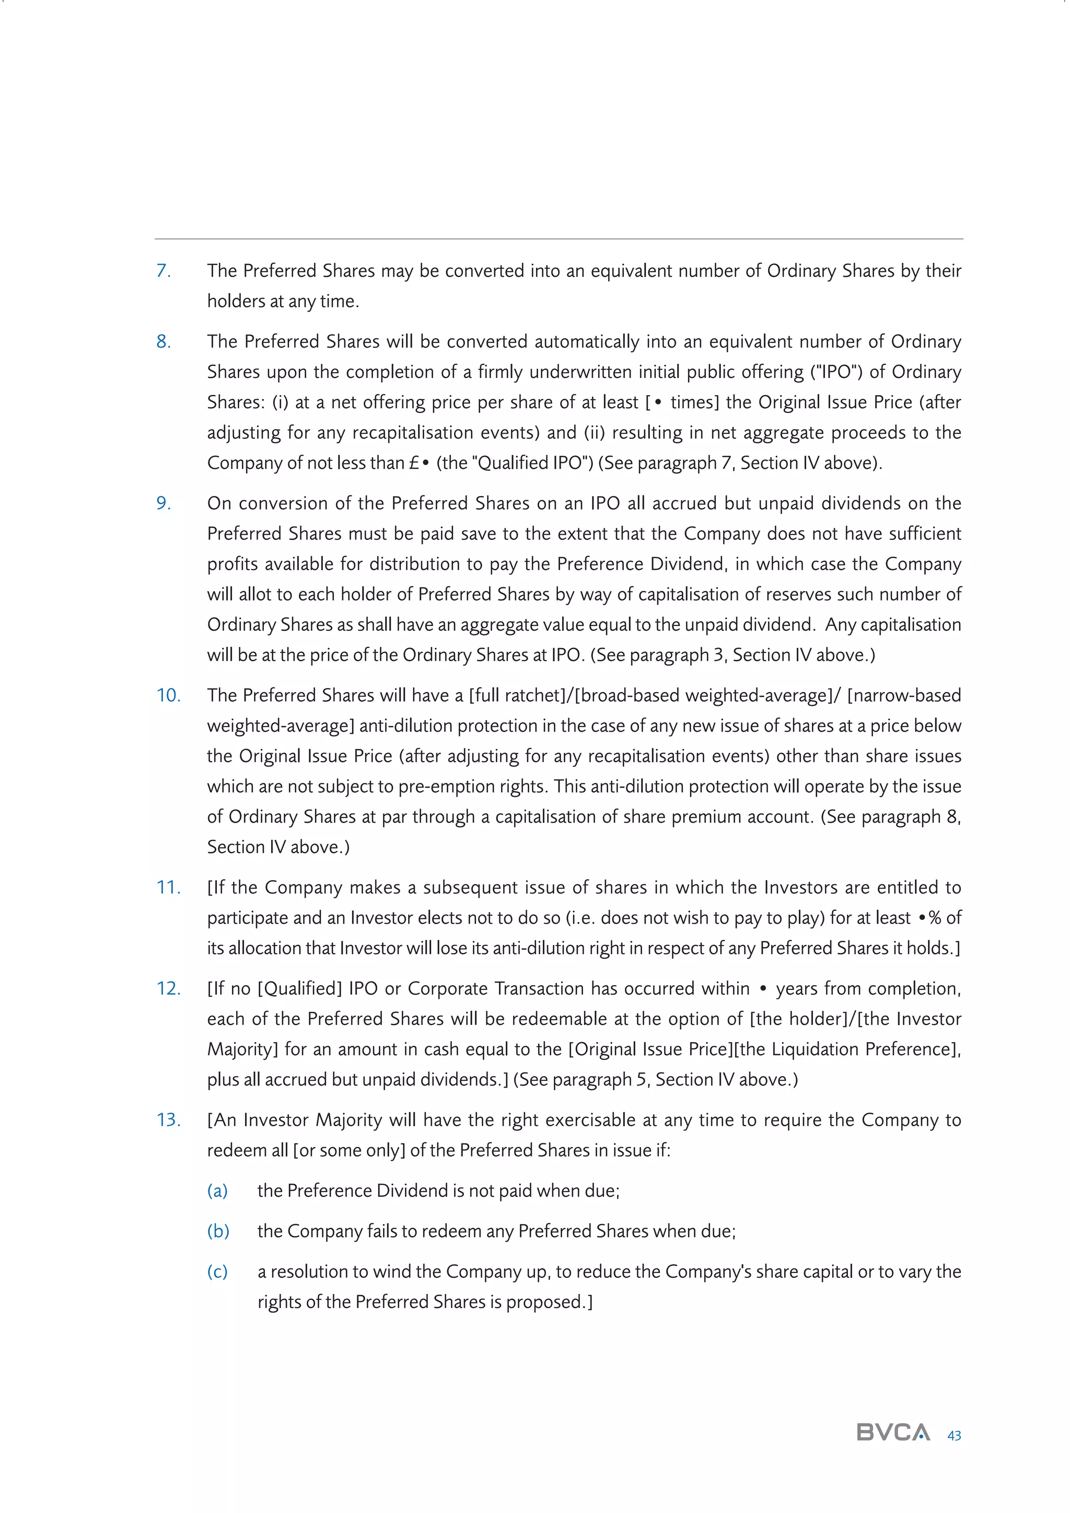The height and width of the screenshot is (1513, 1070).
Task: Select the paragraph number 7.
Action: (x=164, y=271)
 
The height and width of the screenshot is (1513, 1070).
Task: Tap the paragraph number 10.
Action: (x=168, y=695)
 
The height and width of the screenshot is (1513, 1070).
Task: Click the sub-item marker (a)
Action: (x=217, y=1190)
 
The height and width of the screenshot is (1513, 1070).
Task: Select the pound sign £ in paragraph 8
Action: (x=414, y=463)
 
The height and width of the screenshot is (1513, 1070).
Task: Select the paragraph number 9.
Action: (x=164, y=503)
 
